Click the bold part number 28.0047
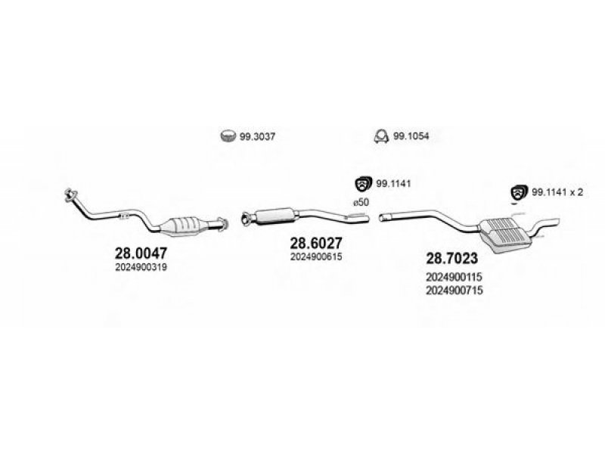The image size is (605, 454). click(141, 253)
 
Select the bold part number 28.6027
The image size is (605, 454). click(316, 243)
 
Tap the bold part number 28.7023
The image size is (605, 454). click(451, 258)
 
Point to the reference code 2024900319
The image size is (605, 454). click(141, 267)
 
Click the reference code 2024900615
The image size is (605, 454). click(316, 257)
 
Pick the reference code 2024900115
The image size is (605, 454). click(455, 277)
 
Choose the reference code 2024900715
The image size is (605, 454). click(455, 291)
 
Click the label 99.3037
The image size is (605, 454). click(257, 137)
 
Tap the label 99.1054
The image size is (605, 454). click(411, 136)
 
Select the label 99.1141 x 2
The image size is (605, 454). click(557, 192)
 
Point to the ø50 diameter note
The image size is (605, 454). click(361, 202)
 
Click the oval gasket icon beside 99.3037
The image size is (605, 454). click(228, 135)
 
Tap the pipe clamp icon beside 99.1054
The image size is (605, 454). click(381, 136)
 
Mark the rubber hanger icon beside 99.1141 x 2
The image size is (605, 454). click(519, 192)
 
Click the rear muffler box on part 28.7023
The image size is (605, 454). click(504, 235)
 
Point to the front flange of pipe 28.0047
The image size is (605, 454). click(70, 194)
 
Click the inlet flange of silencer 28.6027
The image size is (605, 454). click(245, 218)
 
